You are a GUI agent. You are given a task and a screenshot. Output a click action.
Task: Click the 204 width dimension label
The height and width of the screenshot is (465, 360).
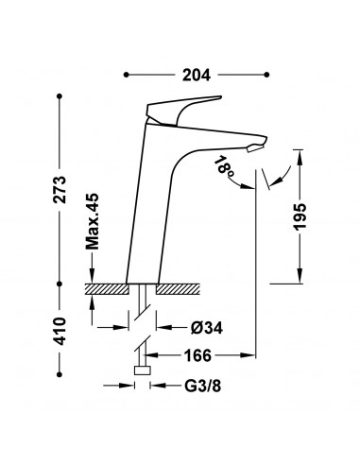197,75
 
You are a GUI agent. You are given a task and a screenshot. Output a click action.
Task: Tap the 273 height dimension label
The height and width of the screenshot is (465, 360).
60,189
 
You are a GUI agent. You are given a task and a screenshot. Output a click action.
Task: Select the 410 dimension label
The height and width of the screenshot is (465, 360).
60,331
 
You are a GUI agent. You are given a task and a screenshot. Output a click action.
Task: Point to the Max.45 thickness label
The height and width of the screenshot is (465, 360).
93,221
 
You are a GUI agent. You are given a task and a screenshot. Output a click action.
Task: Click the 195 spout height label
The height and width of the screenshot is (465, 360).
300,216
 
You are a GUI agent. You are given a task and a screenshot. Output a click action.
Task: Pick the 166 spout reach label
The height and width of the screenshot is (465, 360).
197,355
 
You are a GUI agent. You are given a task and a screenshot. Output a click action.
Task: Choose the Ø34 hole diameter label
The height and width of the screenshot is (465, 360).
207,328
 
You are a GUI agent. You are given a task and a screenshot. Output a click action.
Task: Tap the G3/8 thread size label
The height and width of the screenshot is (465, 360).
202,386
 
